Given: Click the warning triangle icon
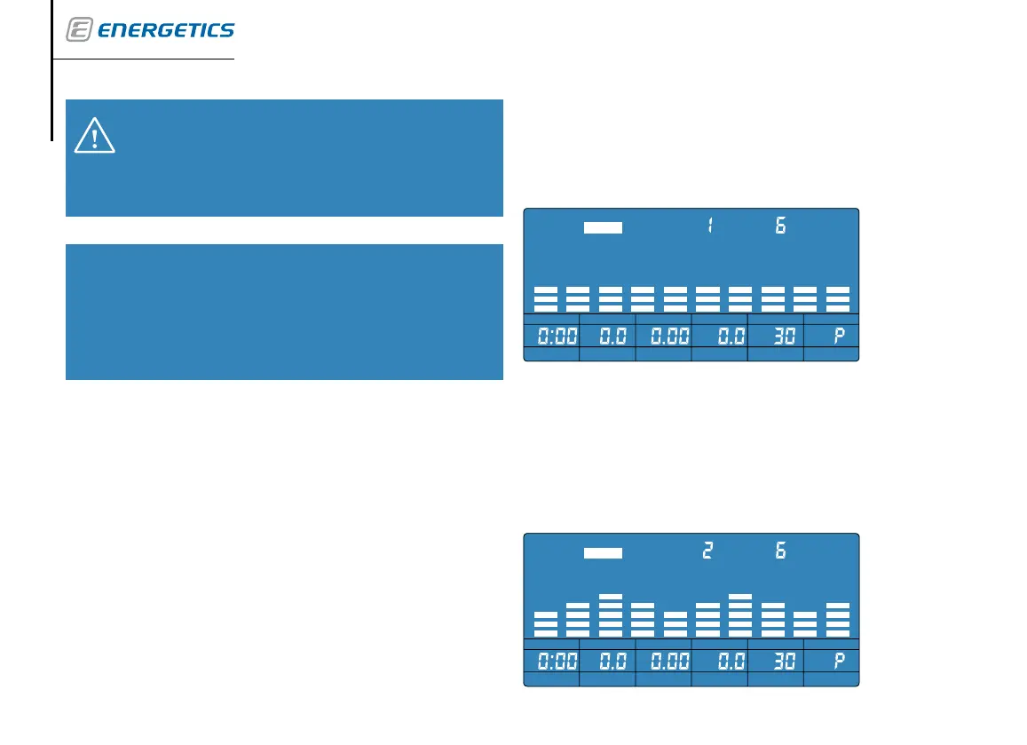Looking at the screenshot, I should coord(94,134).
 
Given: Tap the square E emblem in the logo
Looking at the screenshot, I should coord(78,30).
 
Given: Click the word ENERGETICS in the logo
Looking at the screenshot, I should coord(165,31).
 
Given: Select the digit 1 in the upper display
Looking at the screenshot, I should coord(710,226).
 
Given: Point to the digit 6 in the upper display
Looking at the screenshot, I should coord(780,226).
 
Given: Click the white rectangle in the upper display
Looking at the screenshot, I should coord(604,227).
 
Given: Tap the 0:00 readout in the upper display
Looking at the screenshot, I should coord(551,336).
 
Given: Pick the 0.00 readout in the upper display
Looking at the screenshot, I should coord(663,336).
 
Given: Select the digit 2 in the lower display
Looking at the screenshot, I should coord(708,551).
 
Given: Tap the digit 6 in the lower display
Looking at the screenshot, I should coord(780,551).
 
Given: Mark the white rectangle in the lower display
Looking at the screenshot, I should coord(604,552).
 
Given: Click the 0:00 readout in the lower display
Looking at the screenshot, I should coord(551,661).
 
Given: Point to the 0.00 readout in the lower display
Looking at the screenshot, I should coord(663,661).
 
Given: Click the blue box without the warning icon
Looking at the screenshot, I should coord(284,312).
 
